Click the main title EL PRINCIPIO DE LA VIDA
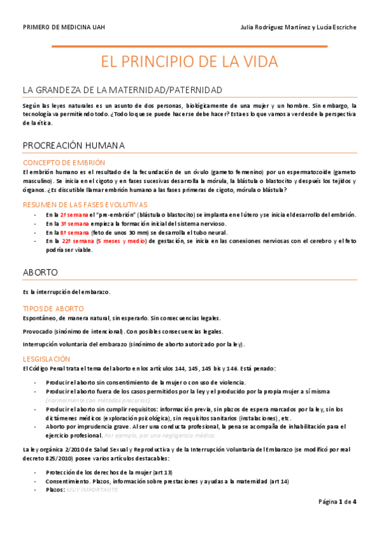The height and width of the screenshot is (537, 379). [190, 62]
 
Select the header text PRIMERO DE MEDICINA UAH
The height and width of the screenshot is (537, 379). [64, 27]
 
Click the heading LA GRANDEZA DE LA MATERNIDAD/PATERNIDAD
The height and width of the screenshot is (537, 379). [122, 91]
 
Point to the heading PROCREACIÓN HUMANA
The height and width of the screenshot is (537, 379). [73, 146]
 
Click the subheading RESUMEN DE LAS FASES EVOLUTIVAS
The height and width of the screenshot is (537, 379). [85, 205]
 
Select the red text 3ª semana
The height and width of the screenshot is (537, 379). [74, 224]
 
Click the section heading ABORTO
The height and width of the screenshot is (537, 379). [40, 272]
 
